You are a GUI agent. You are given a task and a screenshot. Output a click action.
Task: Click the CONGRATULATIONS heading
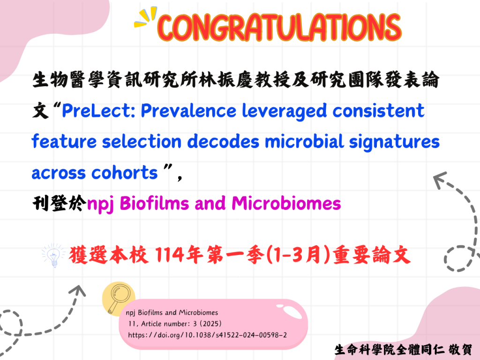pyautogui.click(x=279, y=27)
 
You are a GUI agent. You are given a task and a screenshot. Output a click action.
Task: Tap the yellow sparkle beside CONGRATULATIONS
pyautogui.click(x=145, y=17)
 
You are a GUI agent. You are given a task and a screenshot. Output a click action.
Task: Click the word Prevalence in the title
pyautogui.click(x=188, y=111)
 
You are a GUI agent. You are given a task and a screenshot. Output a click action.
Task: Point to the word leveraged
pyautogui.click(x=285, y=111)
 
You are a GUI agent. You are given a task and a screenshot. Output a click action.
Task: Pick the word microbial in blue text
pyautogui.click(x=304, y=142)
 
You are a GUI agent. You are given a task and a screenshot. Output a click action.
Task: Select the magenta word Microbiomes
pyautogui.click(x=286, y=203)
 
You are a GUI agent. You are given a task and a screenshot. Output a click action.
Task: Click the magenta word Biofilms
pyautogui.click(x=154, y=203)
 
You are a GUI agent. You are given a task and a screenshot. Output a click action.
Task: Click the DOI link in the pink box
pyautogui.click(x=207, y=335)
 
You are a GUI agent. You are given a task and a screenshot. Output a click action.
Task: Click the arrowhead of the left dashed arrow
pyautogui.click(x=78, y=290)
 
